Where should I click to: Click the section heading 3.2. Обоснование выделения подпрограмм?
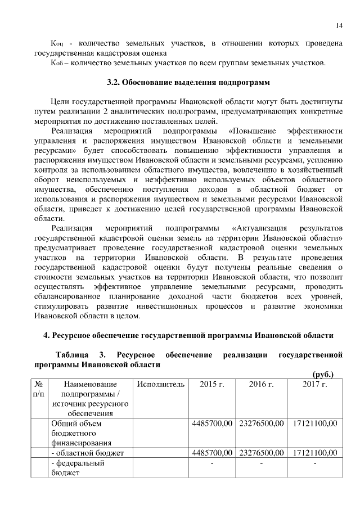coord(189,83)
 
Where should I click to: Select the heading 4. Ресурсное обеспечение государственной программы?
coord(189,336)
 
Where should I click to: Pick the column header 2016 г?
coord(261,384)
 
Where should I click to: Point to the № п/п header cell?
coord(39,389)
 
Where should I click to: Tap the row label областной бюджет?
coord(87,453)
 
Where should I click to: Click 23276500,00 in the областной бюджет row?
coord(261,453)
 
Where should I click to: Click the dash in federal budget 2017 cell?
coord(314,463)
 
